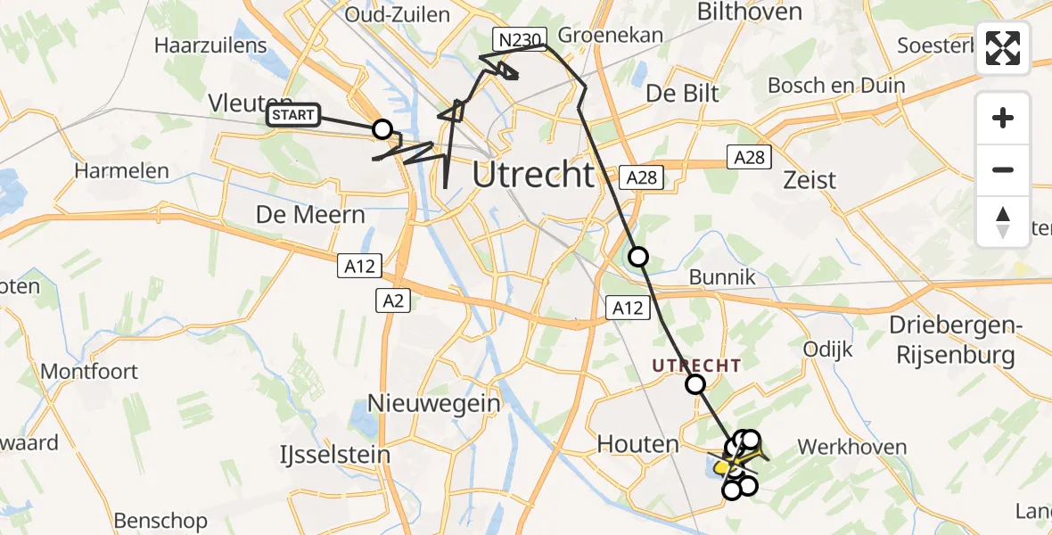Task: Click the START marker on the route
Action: tap(293, 115)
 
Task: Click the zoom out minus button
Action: tap(1003, 169)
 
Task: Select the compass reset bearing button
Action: tap(1003, 221)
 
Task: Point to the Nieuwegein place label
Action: tap(434, 403)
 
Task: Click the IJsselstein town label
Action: tap(333, 454)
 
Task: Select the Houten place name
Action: tap(638, 443)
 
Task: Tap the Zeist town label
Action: tap(809, 180)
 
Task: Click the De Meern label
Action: tap(310, 215)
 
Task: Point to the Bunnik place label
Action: tap(723, 277)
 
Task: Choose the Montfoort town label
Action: tap(90, 371)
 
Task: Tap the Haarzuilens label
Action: tap(210, 45)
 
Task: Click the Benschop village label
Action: tap(160, 520)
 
